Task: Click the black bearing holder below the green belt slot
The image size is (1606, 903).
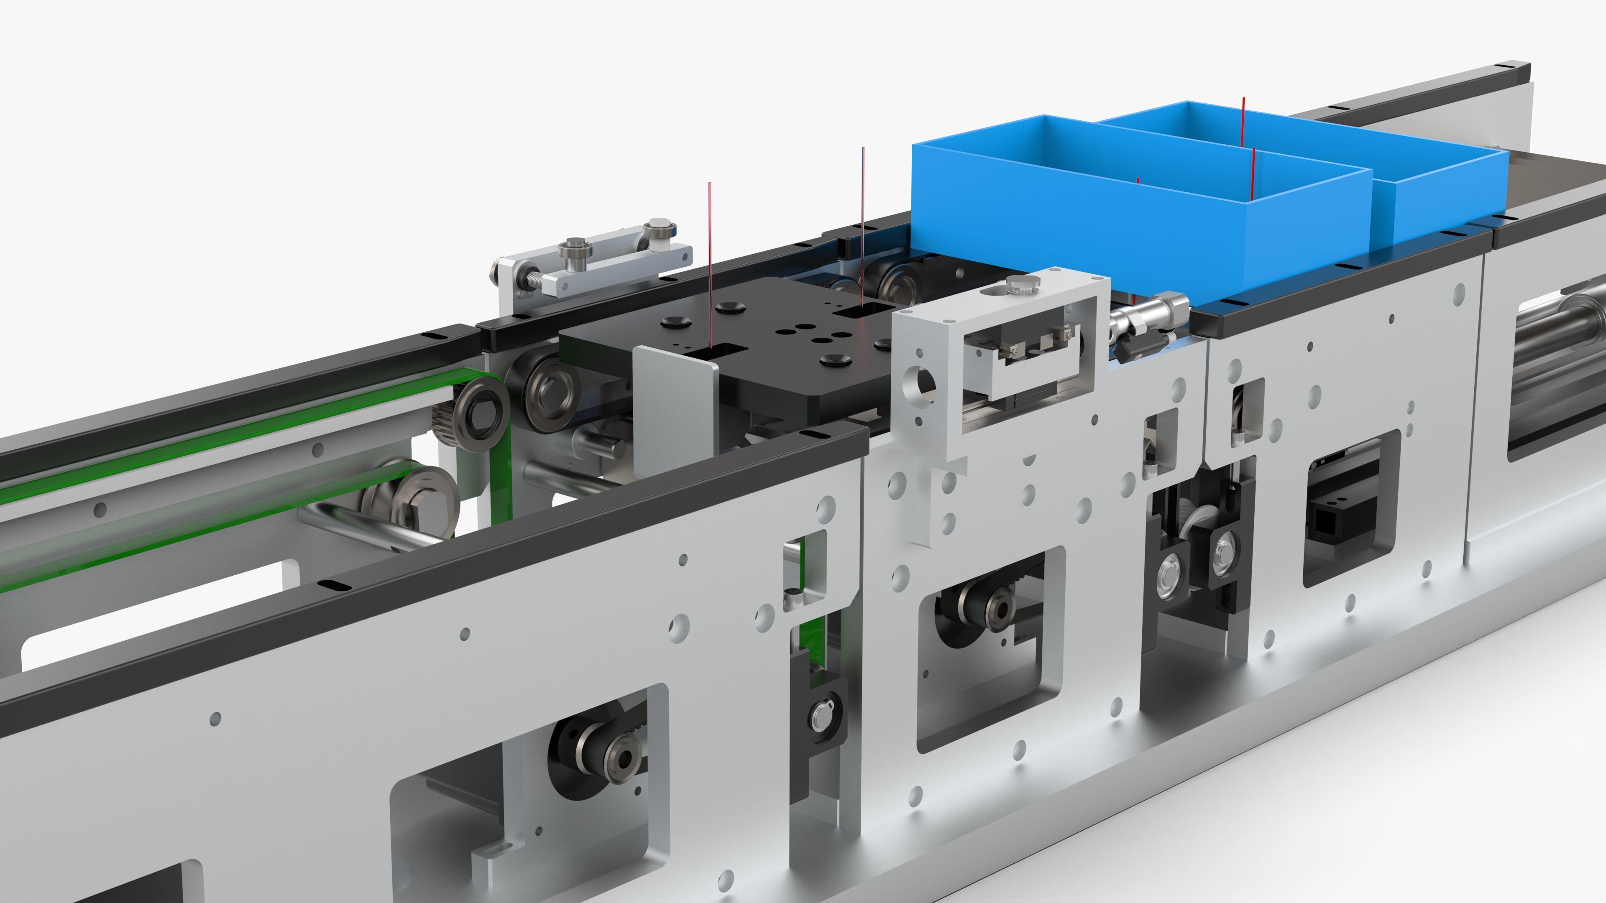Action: tap(818, 717)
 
